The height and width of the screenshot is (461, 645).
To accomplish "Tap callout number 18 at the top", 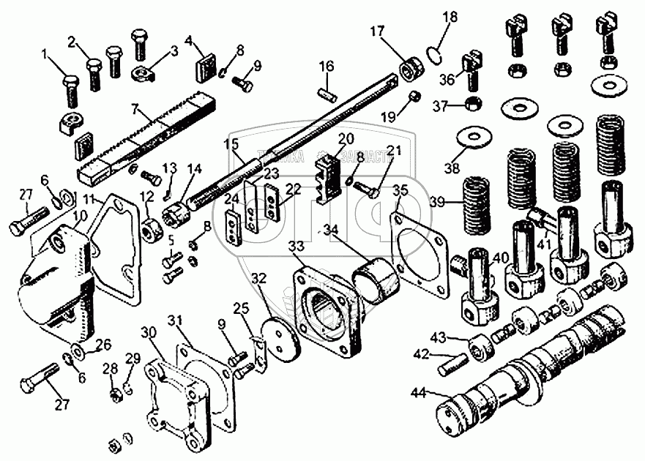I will pos(450,17).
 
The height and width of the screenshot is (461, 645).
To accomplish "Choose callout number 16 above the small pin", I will pos(326,67).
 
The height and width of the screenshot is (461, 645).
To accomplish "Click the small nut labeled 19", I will pos(414,97).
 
